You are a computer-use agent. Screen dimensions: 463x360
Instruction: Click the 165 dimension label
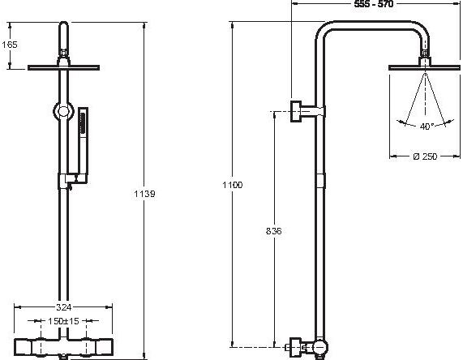[x=10, y=45]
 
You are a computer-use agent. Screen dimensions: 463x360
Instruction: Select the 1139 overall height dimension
[x=144, y=194]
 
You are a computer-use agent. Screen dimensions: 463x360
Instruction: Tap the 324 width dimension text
[x=63, y=307]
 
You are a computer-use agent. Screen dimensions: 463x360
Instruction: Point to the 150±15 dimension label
[x=63, y=321]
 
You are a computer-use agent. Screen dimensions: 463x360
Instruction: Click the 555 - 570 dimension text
[x=374, y=4]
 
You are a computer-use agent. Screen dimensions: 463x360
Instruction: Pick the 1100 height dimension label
[x=233, y=185]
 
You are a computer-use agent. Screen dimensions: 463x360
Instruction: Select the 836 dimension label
[x=274, y=231]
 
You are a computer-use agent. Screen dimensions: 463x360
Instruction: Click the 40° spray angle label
[x=427, y=126]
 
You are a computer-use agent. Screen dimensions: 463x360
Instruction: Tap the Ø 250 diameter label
[x=425, y=156]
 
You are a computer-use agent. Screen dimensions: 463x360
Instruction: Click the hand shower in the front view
[x=83, y=142]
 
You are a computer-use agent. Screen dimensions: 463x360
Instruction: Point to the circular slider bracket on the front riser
[x=62, y=111]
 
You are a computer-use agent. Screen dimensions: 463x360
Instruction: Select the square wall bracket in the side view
[x=296, y=111]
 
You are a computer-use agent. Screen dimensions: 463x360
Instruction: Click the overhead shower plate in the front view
[x=63, y=67]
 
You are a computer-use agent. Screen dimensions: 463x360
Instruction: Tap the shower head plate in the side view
[x=424, y=67]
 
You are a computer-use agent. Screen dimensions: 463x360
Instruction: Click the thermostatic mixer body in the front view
[x=63, y=347]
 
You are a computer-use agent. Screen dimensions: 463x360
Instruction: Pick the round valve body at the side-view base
[x=320, y=348]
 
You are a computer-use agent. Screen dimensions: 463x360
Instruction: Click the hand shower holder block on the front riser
[x=73, y=179]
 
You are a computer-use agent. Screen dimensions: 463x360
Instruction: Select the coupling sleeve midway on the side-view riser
[x=320, y=181]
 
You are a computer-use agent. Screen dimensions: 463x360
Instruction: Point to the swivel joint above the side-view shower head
[x=425, y=54]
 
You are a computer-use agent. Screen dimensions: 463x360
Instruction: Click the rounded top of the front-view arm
[x=63, y=24]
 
